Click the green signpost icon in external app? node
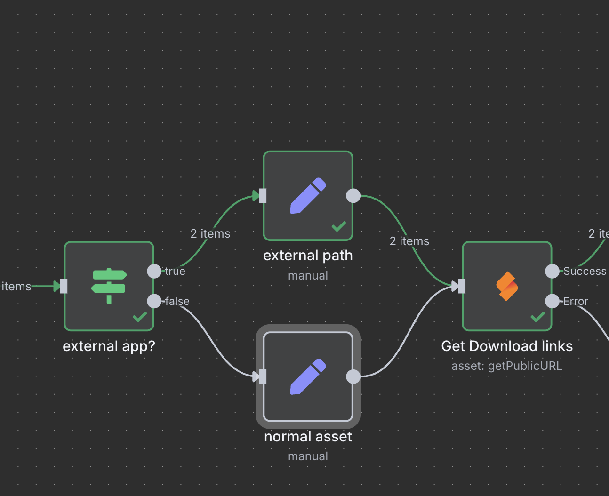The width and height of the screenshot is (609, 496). pyautogui.click(x=109, y=286)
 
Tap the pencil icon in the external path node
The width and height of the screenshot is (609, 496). pyautogui.click(x=308, y=196)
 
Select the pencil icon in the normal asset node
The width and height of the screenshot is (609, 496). pyautogui.click(x=308, y=376)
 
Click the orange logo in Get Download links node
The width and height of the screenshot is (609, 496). pyautogui.click(x=507, y=286)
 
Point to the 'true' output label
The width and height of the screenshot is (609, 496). pyautogui.click(x=175, y=271)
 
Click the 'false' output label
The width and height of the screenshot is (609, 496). pyautogui.click(x=177, y=301)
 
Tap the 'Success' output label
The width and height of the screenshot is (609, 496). pyautogui.click(x=585, y=271)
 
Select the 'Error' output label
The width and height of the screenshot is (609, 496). pyautogui.click(x=576, y=301)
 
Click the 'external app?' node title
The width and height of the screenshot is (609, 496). pyautogui.click(x=109, y=346)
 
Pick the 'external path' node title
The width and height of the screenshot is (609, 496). pyautogui.click(x=308, y=256)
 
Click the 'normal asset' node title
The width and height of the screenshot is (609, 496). pyautogui.click(x=308, y=437)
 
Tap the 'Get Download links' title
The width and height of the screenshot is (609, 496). pyautogui.click(x=507, y=346)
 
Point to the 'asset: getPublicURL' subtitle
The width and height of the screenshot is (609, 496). pyautogui.click(x=507, y=366)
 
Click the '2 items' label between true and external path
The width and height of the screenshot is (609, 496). pyautogui.click(x=210, y=233)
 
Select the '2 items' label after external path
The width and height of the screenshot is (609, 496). pyautogui.click(x=409, y=241)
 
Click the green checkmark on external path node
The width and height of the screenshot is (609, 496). pyautogui.click(x=339, y=226)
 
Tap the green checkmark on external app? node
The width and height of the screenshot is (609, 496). pyautogui.click(x=140, y=317)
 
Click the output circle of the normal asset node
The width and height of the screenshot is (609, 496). pyautogui.click(x=353, y=376)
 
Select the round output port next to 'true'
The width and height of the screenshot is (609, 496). pyautogui.click(x=154, y=271)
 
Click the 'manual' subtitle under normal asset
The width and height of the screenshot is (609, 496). pyautogui.click(x=308, y=456)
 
